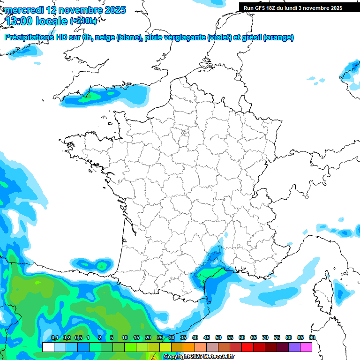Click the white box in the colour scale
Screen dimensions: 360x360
click(x=48, y=347)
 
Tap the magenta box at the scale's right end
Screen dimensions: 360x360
click(x=306, y=347)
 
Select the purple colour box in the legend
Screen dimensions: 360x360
click(x=294, y=347)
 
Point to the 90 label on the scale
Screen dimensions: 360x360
click(x=312, y=337)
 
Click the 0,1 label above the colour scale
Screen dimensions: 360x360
click(x=54, y=337)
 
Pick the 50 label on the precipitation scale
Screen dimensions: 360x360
click(x=218, y=337)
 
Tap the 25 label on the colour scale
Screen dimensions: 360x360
click(x=160, y=337)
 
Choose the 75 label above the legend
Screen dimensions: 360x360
click(x=277, y=337)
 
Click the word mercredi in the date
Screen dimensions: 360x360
click(x=23, y=10)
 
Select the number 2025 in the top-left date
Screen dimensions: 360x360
click(x=112, y=10)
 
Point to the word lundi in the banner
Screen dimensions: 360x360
click(x=289, y=8)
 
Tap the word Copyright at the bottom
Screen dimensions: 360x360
click(x=177, y=357)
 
